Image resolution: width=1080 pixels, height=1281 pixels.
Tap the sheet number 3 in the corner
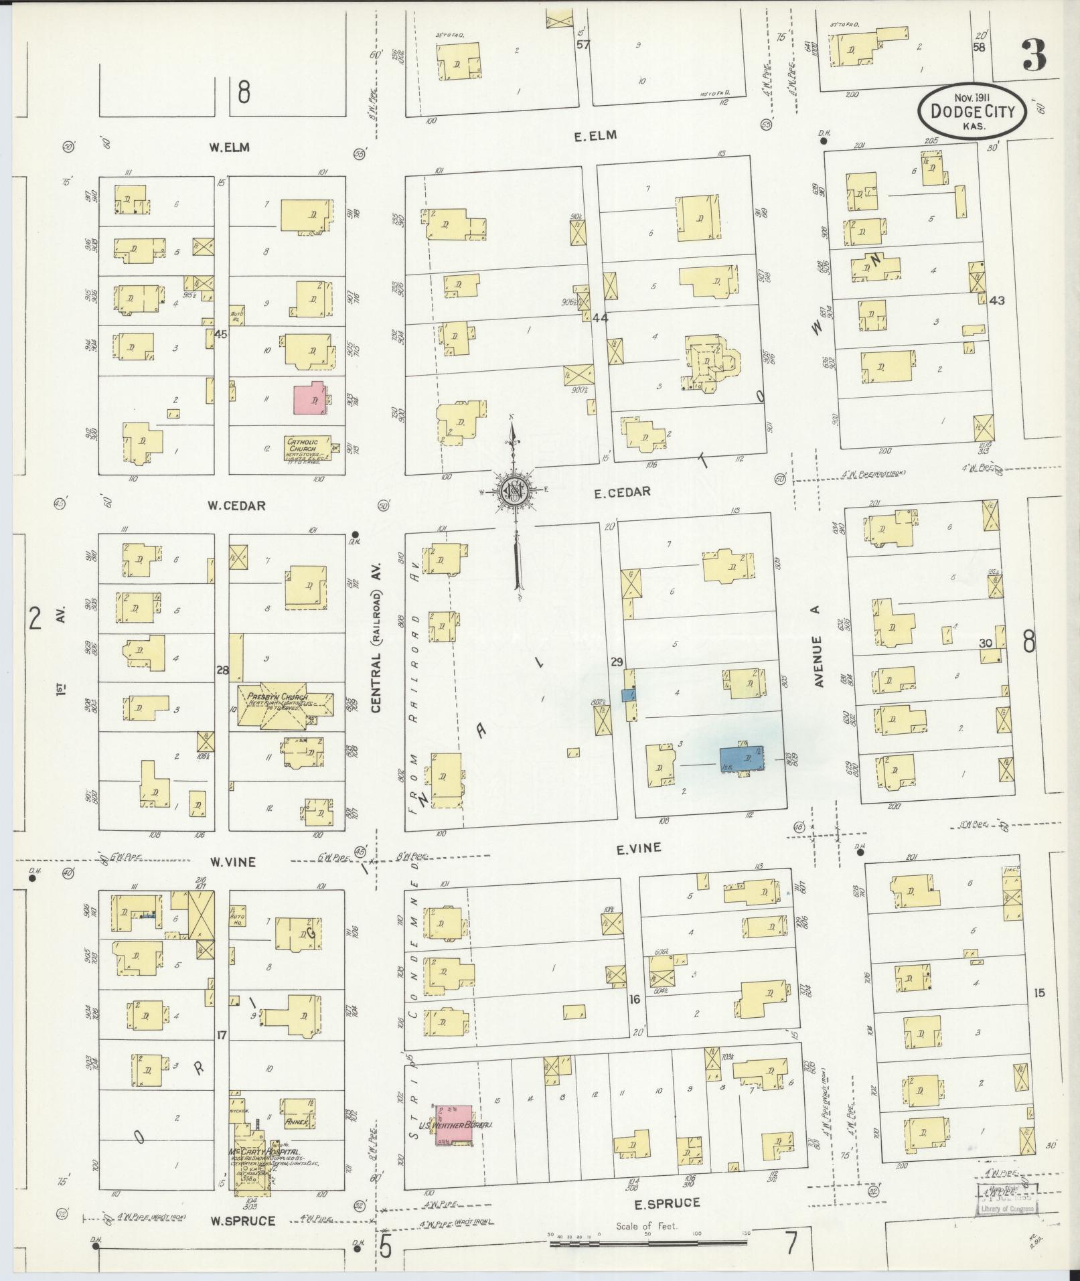pyautogui.click(x=1035, y=56)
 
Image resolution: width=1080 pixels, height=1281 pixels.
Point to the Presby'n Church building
pyautogui.click(x=285, y=705)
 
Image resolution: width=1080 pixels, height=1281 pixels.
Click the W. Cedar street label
pyautogui.click(x=236, y=506)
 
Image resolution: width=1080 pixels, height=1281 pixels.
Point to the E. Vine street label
pyautogui.click(x=638, y=848)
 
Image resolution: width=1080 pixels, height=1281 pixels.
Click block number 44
pyautogui.click(x=601, y=318)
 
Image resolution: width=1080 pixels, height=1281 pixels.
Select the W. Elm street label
pyautogui.click(x=229, y=147)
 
